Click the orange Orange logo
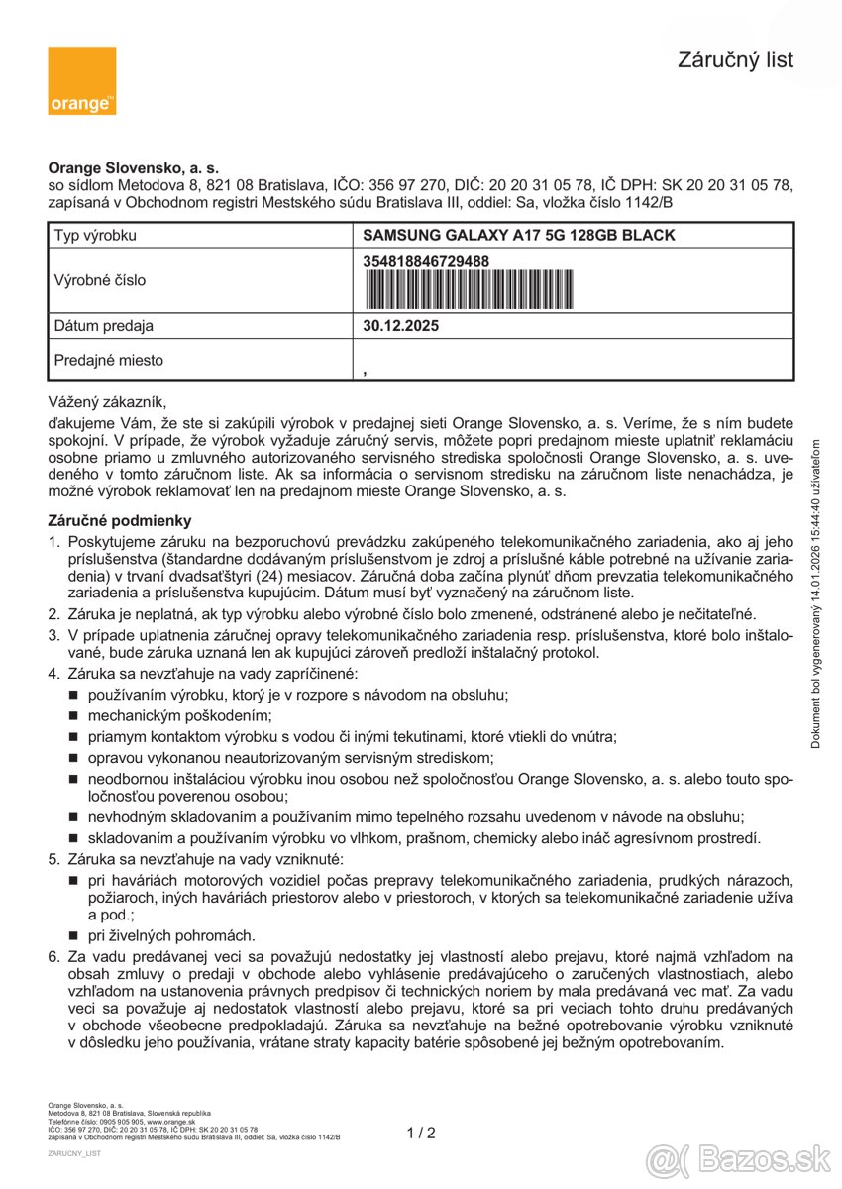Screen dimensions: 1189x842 pyautogui.click(x=81, y=80)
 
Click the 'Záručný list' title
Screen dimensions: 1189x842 pyautogui.click(x=735, y=60)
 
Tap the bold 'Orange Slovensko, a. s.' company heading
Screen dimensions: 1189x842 pyautogui.click(x=134, y=169)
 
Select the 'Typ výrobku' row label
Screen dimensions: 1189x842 pyautogui.click(x=95, y=236)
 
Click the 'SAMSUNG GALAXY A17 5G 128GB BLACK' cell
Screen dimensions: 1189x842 pyautogui.click(x=519, y=236)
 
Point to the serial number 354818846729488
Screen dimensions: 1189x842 pyautogui.click(x=427, y=261)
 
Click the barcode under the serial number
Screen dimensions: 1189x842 pyautogui.click(x=470, y=288)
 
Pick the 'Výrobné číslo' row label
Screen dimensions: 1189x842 pyautogui.click(x=99, y=280)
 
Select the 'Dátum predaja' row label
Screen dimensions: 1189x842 pyautogui.click(x=103, y=326)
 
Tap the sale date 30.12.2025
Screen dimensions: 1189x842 pyautogui.click(x=401, y=326)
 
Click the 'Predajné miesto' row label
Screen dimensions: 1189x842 pyautogui.click(x=108, y=361)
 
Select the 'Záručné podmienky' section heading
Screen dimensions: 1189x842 pyautogui.click(x=120, y=520)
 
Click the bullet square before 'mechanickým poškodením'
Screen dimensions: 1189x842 pyautogui.click(x=74, y=715)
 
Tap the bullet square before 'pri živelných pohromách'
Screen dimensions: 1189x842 pyautogui.click(x=74, y=935)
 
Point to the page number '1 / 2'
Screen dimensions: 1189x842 pyautogui.click(x=421, y=1134)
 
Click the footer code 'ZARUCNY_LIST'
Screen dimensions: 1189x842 pyautogui.click(x=74, y=1154)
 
